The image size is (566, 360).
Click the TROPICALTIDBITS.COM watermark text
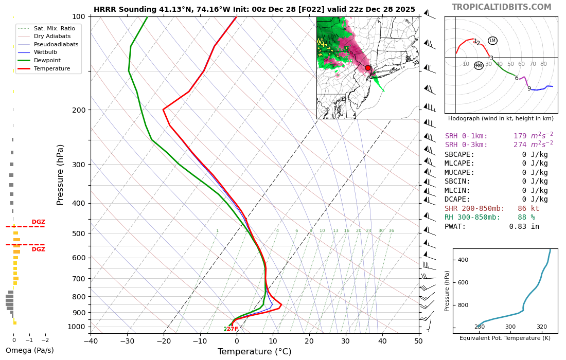[x=501, y=7]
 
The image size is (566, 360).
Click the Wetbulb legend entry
[x=46, y=52]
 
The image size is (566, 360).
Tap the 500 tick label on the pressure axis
[x=78, y=233]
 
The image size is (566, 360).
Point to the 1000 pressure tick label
[x=76, y=327]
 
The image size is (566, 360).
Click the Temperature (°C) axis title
[x=254, y=352]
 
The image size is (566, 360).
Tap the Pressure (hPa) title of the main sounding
[x=61, y=175]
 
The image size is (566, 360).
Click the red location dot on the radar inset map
[x=368, y=68]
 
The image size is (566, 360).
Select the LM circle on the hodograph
[x=492, y=41]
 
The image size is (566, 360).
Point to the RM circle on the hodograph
[x=479, y=66]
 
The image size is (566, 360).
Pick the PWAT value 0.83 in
[x=524, y=226]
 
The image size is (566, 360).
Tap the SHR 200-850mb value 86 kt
[x=528, y=208]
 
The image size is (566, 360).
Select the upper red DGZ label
[x=39, y=222]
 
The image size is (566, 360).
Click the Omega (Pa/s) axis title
[x=29, y=350]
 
